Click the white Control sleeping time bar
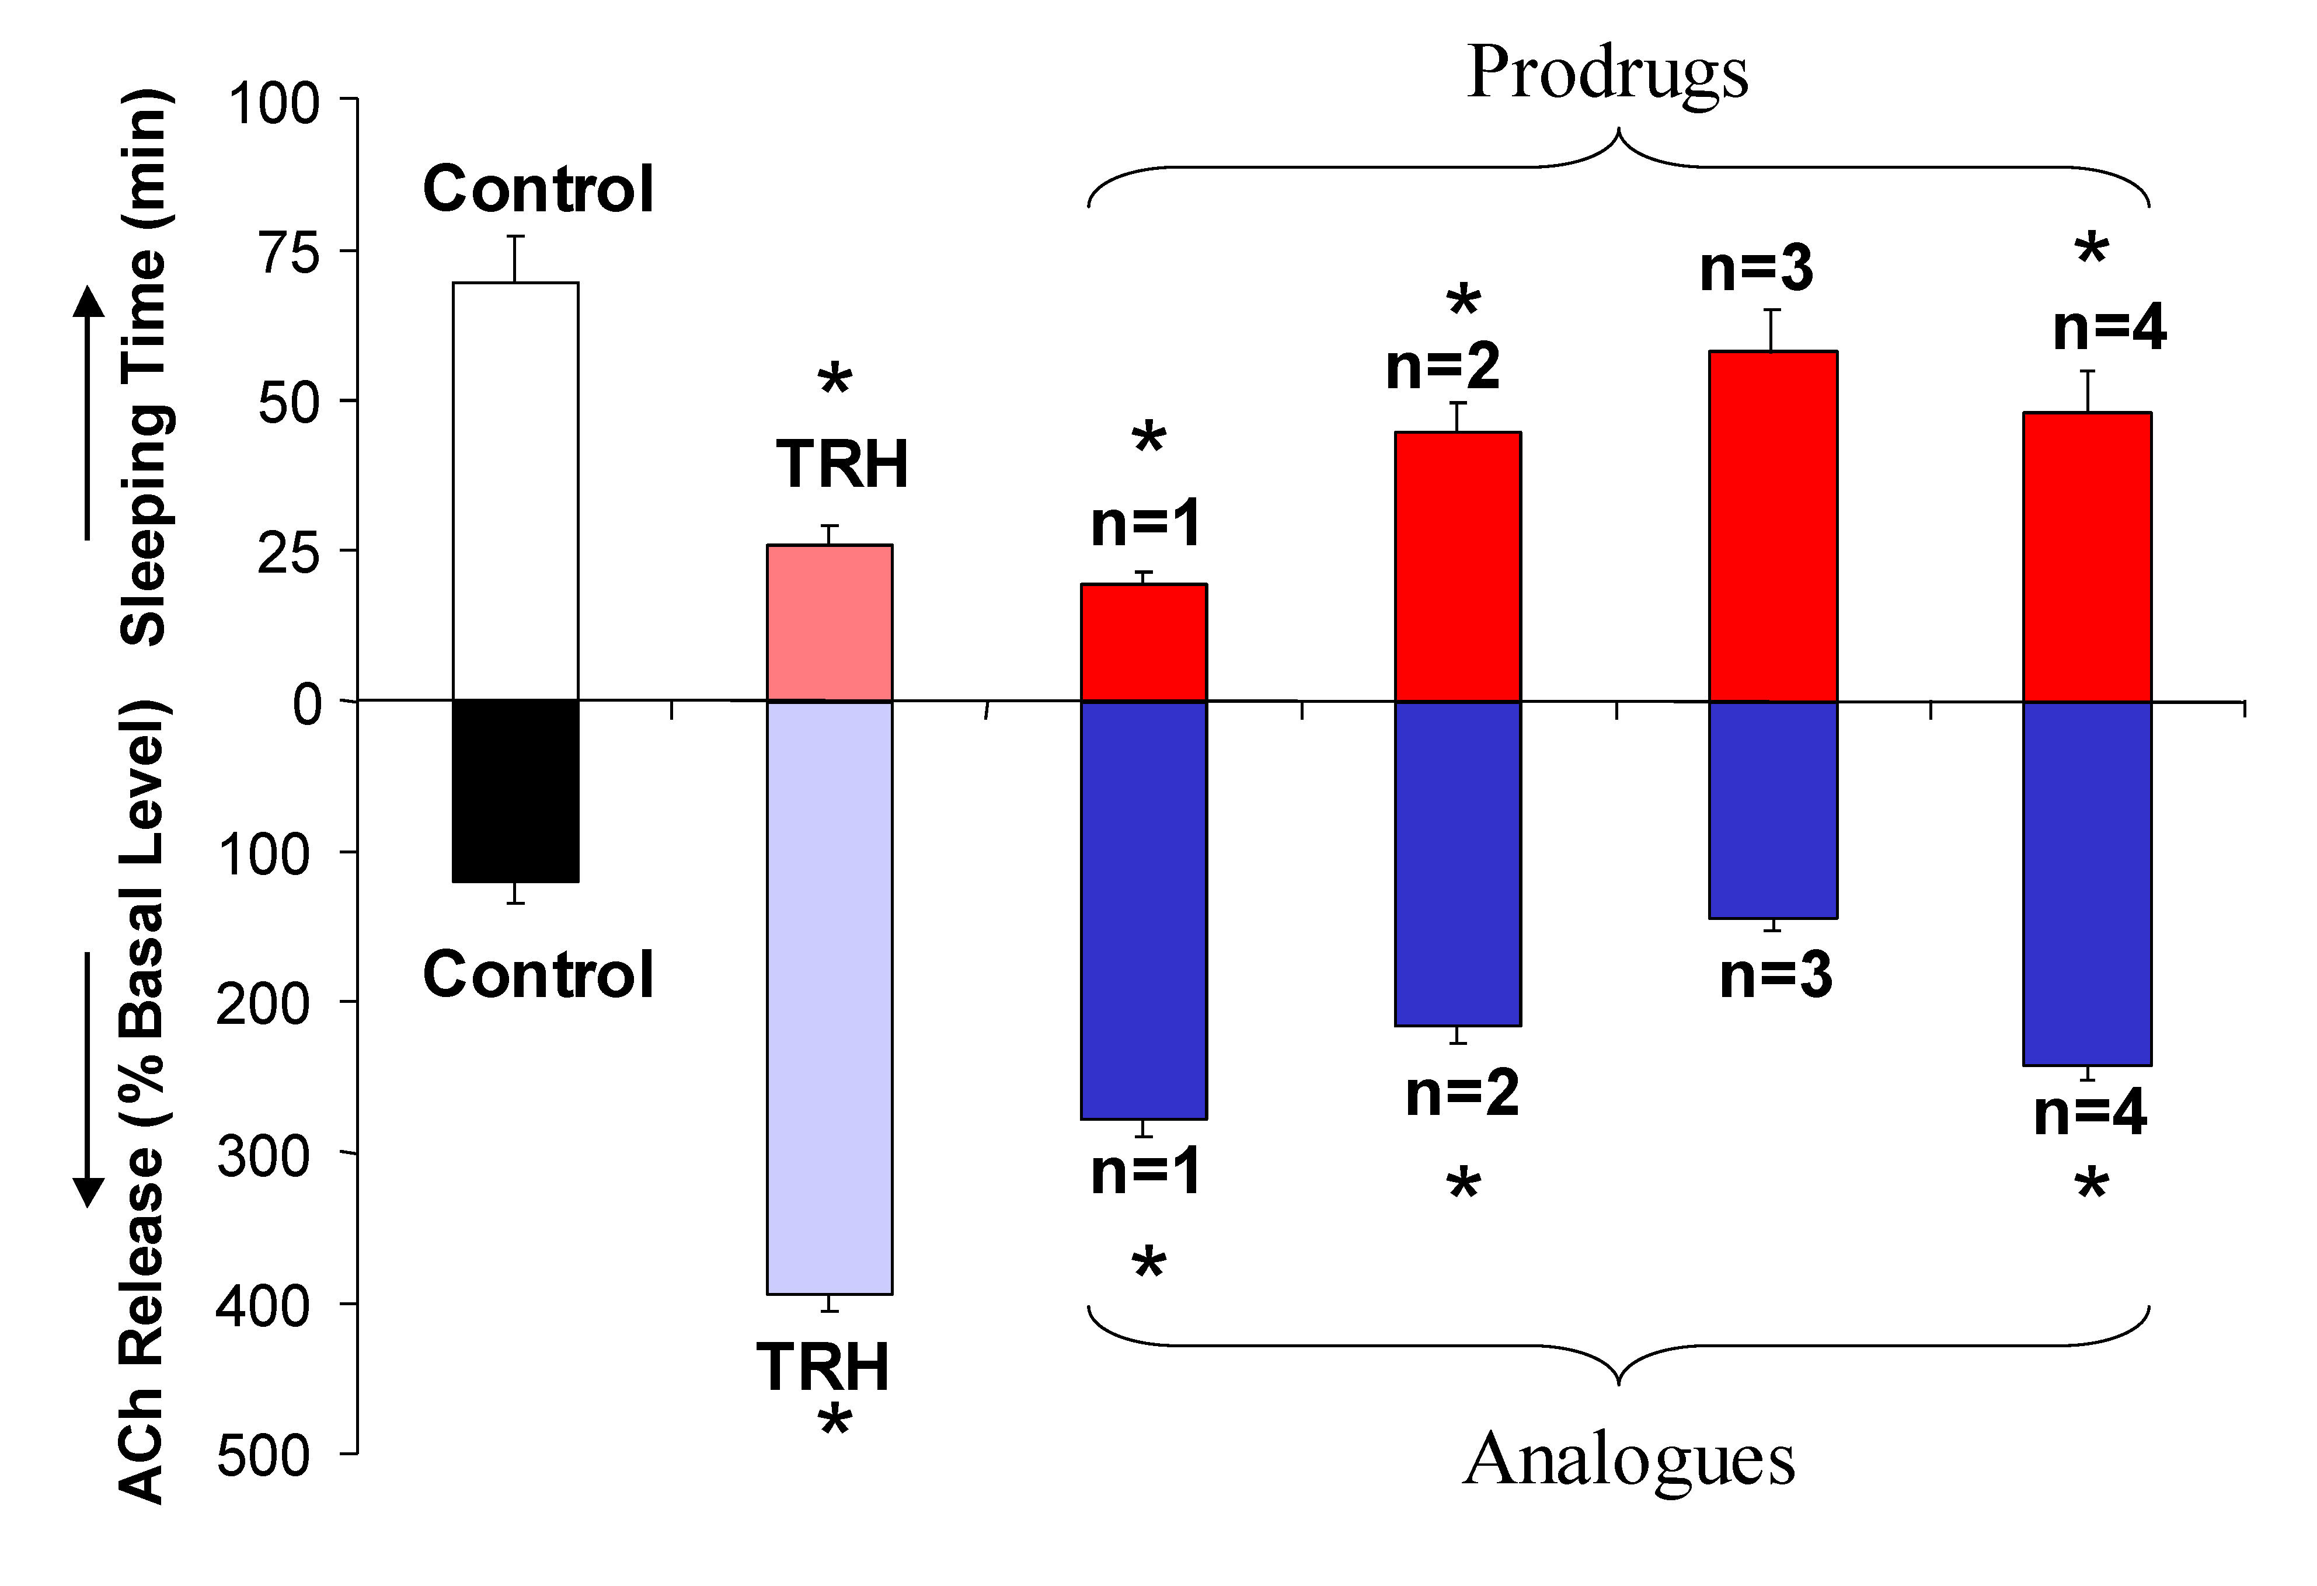click(x=515, y=490)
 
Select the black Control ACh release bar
click(x=515, y=790)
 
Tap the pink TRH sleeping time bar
click(x=830, y=623)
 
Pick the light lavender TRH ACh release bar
click(x=830, y=997)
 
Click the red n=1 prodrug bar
click(x=1145, y=643)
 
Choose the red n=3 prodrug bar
click(x=1773, y=527)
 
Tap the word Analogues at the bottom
click(x=1628, y=1458)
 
